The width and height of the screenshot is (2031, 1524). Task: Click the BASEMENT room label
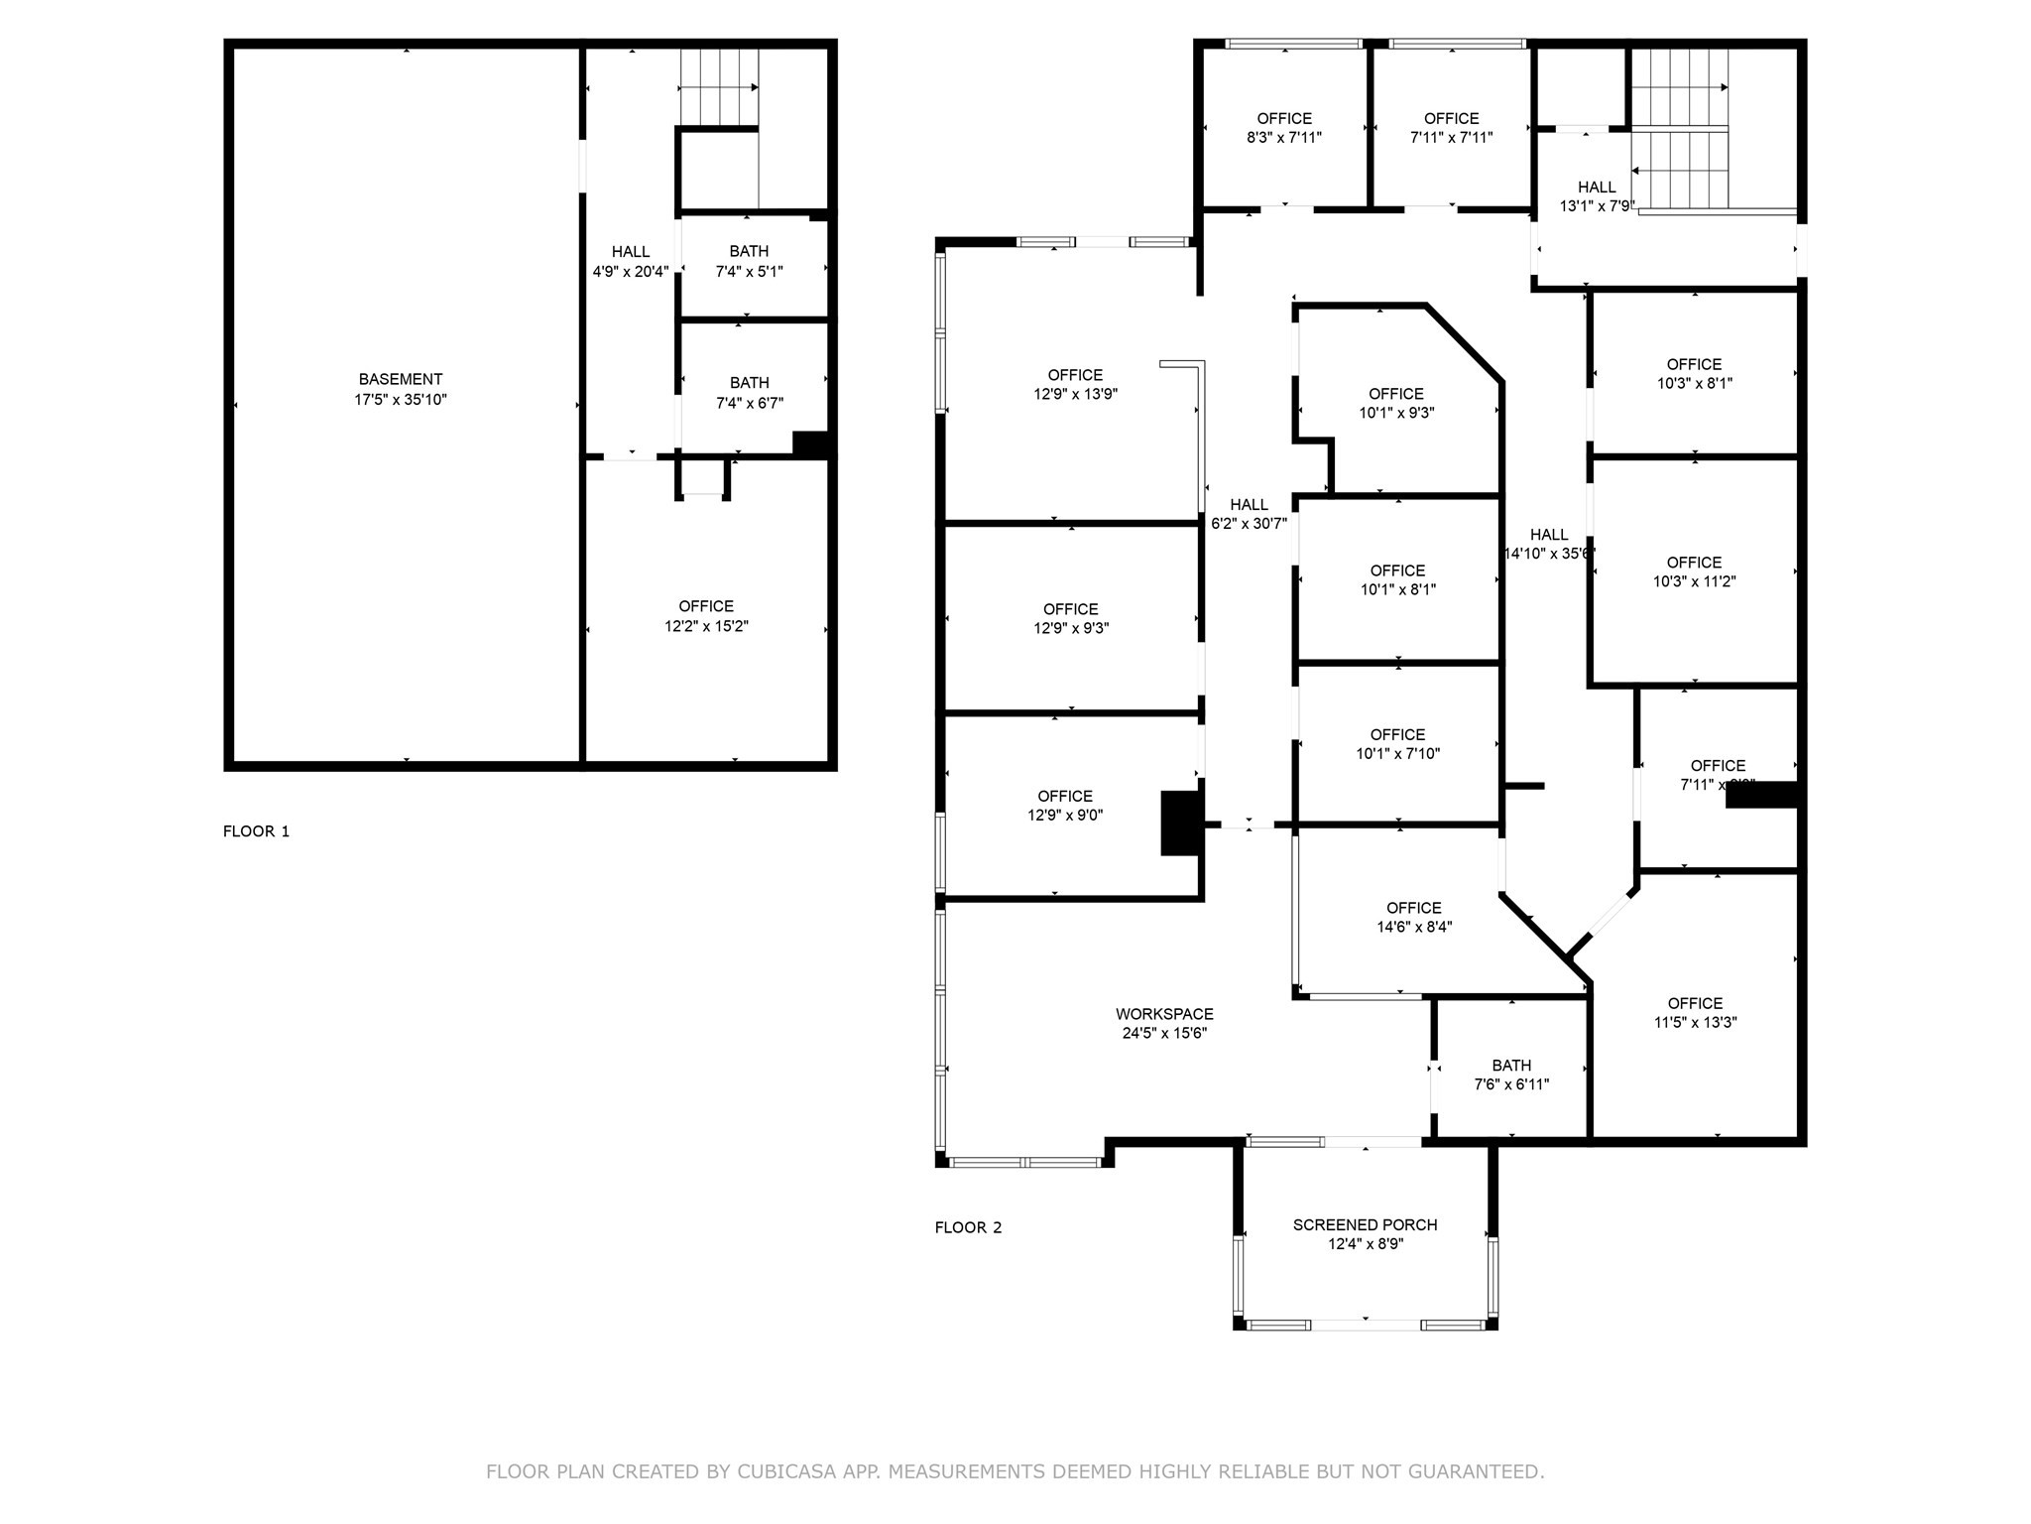coord(401,379)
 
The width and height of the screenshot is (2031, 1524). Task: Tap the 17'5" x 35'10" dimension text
coord(401,400)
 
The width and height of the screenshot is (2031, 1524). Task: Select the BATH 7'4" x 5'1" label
coord(749,261)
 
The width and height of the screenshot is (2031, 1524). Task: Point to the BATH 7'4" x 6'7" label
coord(749,393)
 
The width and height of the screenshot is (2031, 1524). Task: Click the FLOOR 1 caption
coord(256,831)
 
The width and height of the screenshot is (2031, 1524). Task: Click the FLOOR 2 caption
coord(968,1227)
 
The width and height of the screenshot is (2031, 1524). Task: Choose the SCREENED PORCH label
coord(1365,1225)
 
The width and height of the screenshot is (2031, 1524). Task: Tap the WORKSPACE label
coord(1164,1014)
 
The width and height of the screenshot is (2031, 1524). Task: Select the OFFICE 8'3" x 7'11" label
coord(1284,128)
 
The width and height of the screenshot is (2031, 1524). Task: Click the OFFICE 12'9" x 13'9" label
coord(1075,384)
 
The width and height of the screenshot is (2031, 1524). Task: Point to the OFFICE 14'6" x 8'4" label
coord(1414,917)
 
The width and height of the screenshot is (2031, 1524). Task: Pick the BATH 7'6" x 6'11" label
coord(1511,1075)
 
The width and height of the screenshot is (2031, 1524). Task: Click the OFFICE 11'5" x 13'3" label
coord(1695,1012)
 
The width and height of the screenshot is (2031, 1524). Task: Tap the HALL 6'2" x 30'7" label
coord(1249,514)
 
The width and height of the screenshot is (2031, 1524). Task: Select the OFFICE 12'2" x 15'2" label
coord(706,616)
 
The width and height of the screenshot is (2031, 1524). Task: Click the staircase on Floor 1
coord(718,88)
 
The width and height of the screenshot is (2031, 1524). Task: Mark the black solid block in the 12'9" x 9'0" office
coord(1180,823)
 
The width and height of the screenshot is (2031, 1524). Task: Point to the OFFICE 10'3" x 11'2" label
coord(1694,571)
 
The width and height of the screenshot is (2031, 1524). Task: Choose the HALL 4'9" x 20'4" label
coord(631,261)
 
